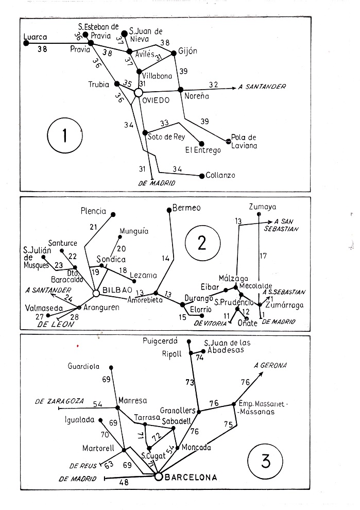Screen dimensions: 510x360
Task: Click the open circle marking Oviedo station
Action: coord(138,92)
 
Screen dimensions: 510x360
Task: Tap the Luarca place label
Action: coord(36,37)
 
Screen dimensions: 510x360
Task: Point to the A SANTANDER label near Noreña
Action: coord(262,86)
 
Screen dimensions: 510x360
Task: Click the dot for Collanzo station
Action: coord(202,176)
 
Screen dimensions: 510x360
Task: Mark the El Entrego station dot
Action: coord(201,143)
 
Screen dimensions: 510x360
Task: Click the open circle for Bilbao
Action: coord(96,293)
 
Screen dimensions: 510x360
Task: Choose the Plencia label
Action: coord(93,211)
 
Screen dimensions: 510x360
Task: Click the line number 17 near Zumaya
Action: coord(263,255)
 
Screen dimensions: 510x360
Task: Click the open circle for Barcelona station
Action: coord(159,477)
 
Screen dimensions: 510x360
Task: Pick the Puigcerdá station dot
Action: coord(190,342)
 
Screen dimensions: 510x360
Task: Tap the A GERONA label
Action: coord(271,365)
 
